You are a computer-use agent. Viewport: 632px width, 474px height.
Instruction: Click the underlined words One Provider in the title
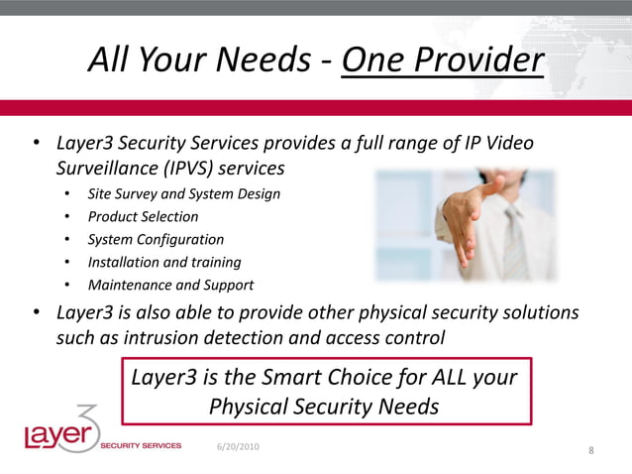click(x=442, y=61)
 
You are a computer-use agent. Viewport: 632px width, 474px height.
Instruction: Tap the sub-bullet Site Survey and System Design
click(x=183, y=193)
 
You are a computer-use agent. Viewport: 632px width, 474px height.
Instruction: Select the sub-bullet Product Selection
click(x=143, y=216)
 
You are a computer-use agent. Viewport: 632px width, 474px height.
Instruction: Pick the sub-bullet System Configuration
click(x=156, y=239)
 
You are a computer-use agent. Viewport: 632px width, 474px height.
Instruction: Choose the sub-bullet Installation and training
click(x=164, y=262)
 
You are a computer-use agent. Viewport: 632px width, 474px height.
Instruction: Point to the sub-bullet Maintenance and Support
click(x=170, y=285)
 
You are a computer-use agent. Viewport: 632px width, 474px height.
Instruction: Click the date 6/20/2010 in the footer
click(x=239, y=447)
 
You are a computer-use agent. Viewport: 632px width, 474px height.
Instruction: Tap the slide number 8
click(x=590, y=452)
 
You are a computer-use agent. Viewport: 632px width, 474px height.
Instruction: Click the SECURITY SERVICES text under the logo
click(x=141, y=446)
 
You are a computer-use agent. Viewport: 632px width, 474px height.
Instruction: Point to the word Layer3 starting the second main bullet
click(x=87, y=312)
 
